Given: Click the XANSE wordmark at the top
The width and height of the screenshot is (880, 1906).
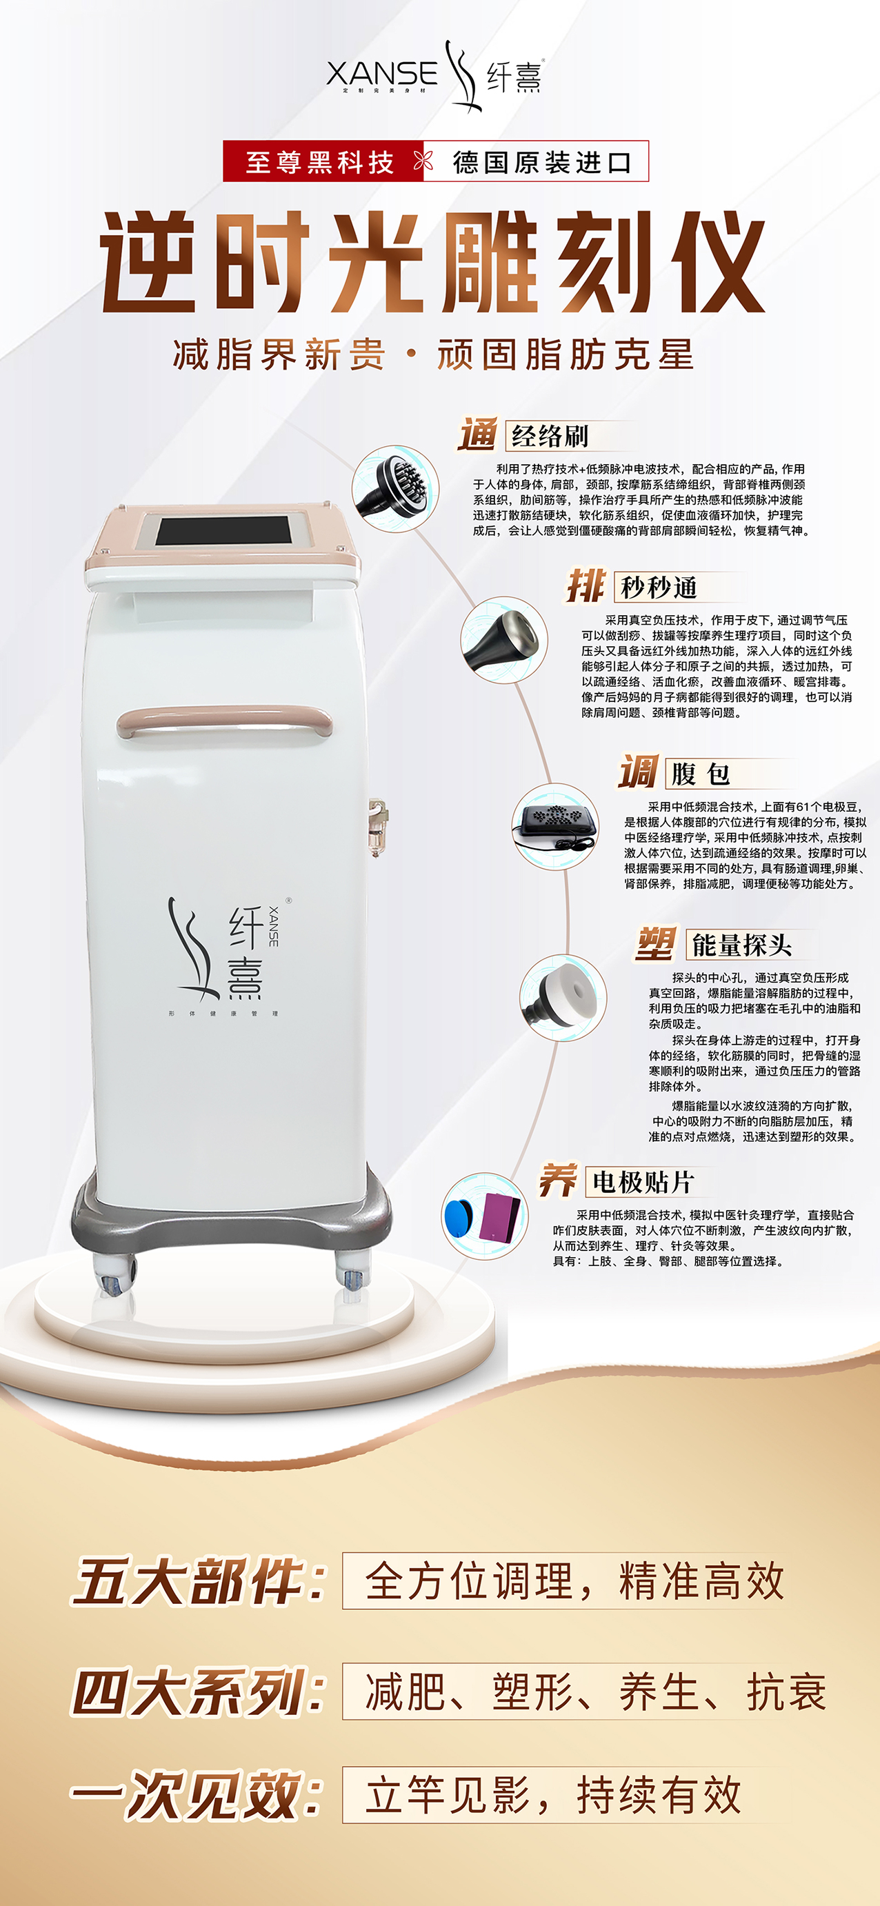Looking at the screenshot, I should pos(382,73).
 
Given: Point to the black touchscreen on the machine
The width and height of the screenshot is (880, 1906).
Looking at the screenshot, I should pos(221,530).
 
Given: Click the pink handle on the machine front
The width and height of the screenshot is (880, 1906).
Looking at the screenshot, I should pos(224,720).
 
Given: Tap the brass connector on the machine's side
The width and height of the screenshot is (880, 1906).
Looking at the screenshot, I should pos(376,825).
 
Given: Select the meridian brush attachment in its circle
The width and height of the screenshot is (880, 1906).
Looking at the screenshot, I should pos(397,488).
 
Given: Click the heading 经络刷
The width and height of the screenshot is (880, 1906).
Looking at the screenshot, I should pos(550,436).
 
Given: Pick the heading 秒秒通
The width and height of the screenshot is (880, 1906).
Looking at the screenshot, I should pos(659,588).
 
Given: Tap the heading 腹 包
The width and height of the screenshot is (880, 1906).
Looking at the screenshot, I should pos(699,774).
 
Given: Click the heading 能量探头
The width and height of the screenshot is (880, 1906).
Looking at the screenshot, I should pos(741,945).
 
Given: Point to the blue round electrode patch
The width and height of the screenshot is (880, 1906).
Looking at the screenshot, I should pos(459,1216).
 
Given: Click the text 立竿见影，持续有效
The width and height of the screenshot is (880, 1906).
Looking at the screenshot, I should pos(553,1794).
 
